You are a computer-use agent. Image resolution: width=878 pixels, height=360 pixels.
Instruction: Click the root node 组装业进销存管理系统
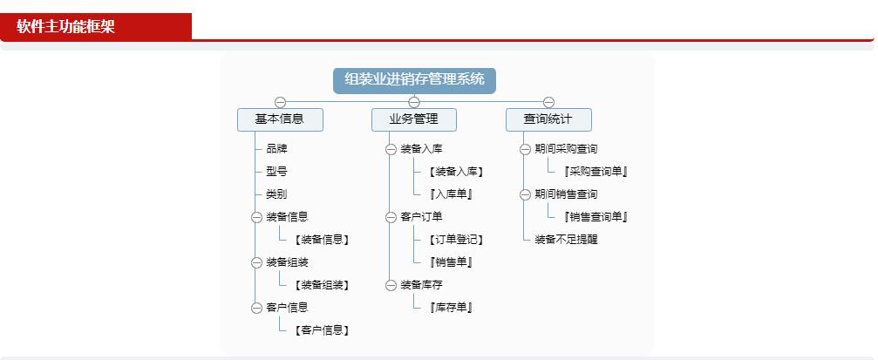[x=414, y=80]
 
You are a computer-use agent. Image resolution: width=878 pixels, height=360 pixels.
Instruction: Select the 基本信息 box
[x=280, y=119]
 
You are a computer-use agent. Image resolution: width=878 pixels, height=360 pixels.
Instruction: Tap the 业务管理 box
[x=414, y=119]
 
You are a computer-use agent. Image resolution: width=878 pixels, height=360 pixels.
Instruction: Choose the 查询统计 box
[x=548, y=119]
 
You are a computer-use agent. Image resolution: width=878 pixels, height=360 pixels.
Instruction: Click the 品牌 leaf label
[x=276, y=149]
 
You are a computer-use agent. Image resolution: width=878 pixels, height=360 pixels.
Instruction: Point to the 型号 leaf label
[x=276, y=172]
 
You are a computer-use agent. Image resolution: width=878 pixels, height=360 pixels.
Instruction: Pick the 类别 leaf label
[x=276, y=194]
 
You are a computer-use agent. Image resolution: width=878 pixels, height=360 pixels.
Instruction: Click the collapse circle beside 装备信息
[x=256, y=217]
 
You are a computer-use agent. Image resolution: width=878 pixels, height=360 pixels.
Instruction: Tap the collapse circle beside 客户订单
[x=391, y=217]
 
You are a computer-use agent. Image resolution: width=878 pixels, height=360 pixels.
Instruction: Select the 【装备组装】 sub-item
[x=322, y=285]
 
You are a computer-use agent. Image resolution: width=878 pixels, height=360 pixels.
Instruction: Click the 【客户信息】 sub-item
[x=322, y=330]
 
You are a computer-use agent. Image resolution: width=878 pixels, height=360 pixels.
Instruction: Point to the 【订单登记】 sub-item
[x=456, y=240]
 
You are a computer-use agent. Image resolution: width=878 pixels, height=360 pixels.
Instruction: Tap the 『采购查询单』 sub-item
[x=596, y=172]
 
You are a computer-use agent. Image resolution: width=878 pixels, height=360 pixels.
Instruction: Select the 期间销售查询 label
[x=566, y=194]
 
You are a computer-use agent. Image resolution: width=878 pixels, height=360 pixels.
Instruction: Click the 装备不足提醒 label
[x=566, y=240]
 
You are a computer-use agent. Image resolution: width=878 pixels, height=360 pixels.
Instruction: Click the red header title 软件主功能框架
[x=65, y=27]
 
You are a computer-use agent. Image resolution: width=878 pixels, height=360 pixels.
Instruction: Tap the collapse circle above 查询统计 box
[x=548, y=103]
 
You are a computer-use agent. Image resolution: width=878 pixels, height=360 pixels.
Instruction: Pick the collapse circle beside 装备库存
[x=391, y=285]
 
